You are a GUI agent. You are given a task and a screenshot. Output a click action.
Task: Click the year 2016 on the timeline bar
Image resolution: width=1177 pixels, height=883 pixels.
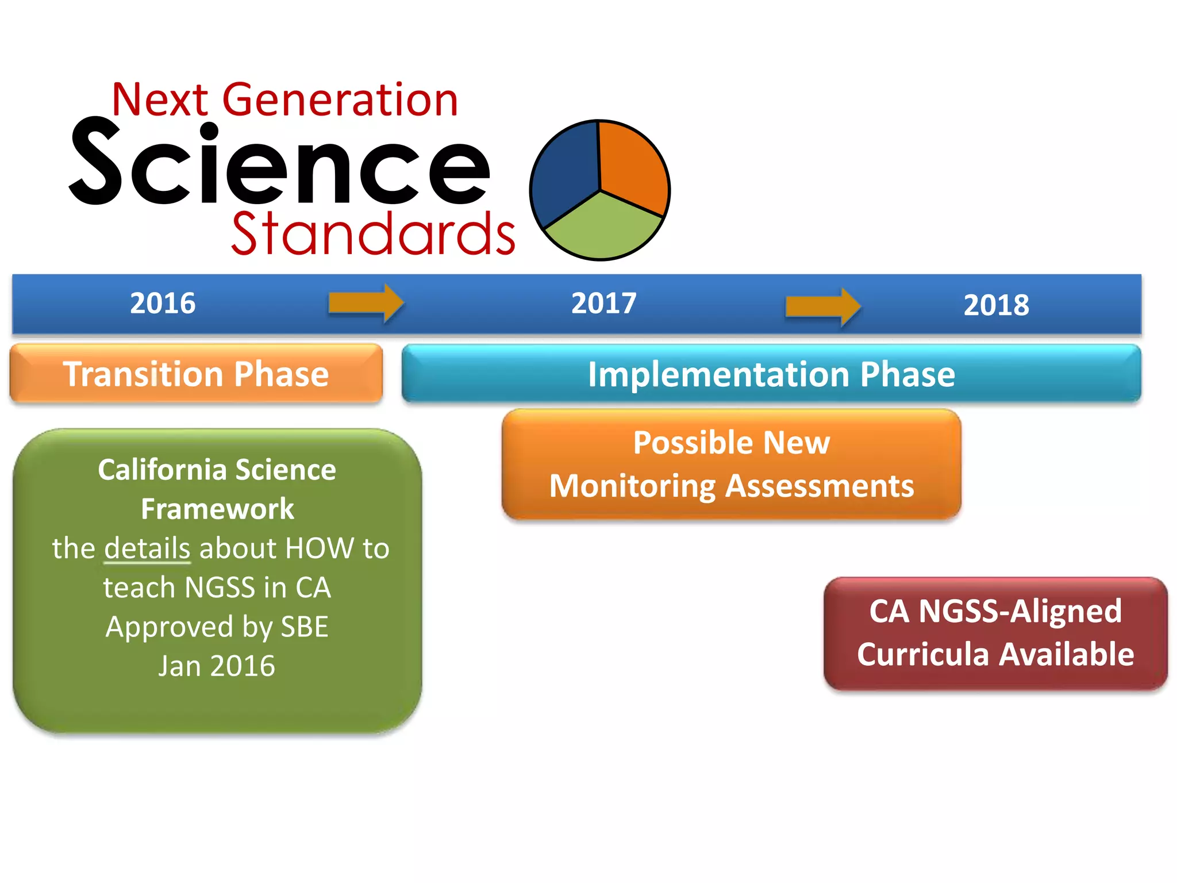(x=163, y=303)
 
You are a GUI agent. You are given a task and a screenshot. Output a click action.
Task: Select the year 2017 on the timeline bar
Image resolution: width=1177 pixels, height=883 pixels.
(x=603, y=303)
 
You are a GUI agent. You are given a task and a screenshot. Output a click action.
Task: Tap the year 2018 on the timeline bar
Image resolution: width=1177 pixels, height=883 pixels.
(x=996, y=305)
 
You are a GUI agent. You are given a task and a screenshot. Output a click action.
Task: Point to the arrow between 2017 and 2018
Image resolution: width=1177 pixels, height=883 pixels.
(x=822, y=306)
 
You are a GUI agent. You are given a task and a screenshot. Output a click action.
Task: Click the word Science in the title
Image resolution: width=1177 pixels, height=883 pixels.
(x=280, y=164)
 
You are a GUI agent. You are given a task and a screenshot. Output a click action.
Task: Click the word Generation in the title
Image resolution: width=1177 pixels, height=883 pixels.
(x=340, y=100)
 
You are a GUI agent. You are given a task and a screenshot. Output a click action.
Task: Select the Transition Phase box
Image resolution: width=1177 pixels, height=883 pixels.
(x=196, y=374)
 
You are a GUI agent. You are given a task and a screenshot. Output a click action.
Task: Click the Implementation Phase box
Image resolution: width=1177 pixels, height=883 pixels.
(x=771, y=374)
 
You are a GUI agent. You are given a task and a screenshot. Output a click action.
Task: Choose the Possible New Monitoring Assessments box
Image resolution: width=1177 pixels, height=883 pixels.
(x=731, y=464)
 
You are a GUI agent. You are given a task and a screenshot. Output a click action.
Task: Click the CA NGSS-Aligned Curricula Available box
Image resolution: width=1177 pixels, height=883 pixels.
(x=995, y=633)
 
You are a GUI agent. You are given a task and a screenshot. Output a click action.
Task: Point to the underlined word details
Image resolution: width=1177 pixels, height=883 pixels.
(x=147, y=548)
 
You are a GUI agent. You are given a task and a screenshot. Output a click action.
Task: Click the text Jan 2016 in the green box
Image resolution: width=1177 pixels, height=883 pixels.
(x=217, y=666)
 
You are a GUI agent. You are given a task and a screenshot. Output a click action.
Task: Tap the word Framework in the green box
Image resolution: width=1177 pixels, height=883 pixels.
(x=217, y=509)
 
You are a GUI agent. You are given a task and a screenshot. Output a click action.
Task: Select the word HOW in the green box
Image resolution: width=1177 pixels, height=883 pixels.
(x=319, y=548)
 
